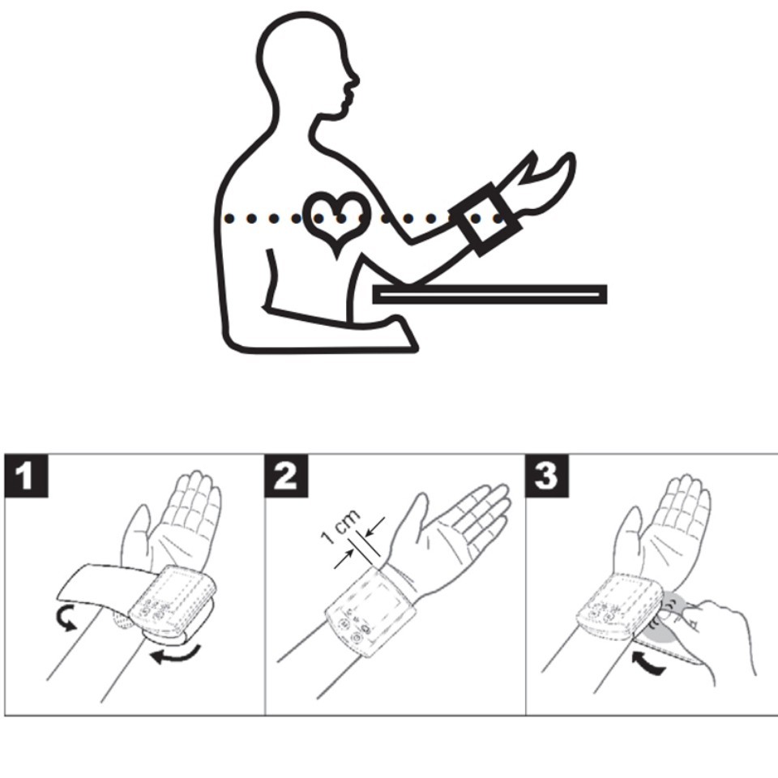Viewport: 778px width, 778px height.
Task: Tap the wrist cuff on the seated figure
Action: tap(485, 219)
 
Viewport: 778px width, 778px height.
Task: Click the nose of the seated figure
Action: tap(355, 79)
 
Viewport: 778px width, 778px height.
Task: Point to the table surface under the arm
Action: tap(489, 294)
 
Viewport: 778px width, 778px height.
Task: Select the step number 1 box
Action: tap(27, 476)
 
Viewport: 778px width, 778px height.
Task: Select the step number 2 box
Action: tap(286, 476)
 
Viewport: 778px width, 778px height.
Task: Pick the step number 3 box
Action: tap(547, 476)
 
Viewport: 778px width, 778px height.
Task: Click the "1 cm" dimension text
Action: tap(340, 527)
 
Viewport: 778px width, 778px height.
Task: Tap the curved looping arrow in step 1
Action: tap(66, 618)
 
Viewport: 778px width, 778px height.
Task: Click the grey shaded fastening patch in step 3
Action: tap(667, 619)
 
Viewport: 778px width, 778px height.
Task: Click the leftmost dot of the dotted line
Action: tap(229, 218)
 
